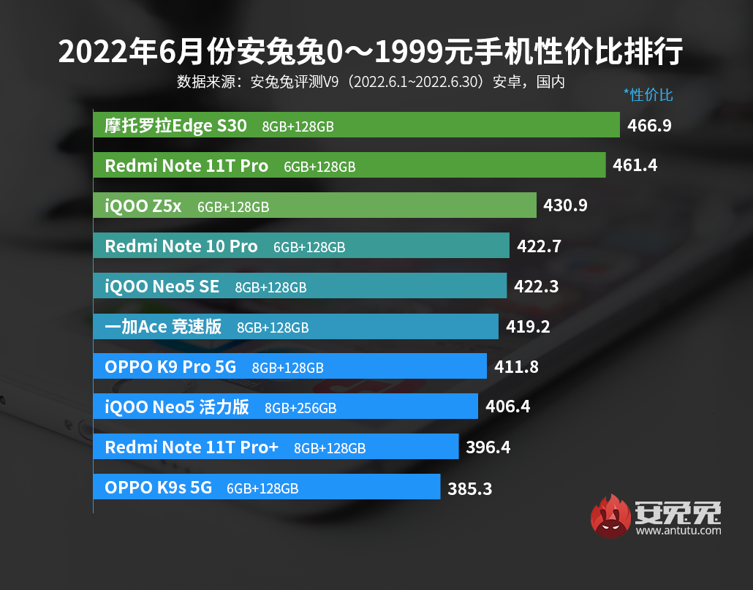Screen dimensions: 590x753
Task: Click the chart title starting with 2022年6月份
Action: coord(371,52)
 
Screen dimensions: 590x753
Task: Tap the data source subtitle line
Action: coord(371,81)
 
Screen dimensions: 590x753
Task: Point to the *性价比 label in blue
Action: coord(648,95)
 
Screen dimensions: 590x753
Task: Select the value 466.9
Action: coord(649,126)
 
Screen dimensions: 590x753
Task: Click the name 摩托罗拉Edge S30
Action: coord(176,126)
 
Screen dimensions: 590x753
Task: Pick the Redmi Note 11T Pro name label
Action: coord(186,166)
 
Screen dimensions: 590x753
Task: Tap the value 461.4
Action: coord(635,166)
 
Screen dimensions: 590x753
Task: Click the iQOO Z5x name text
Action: coord(143,206)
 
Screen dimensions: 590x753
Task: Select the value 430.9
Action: coord(565,206)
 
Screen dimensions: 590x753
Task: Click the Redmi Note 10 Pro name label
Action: coord(181,246)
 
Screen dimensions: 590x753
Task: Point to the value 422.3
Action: coord(536,287)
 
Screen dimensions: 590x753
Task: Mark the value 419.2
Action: coord(527,327)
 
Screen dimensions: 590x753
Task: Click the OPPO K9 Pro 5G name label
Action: coord(170,367)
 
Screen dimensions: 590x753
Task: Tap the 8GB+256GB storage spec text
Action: coord(300,408)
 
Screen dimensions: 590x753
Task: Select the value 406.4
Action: coord(507,407)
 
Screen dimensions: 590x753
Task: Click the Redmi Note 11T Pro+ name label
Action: coord(192,447)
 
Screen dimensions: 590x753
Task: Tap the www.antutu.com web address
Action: coord(678,531)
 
